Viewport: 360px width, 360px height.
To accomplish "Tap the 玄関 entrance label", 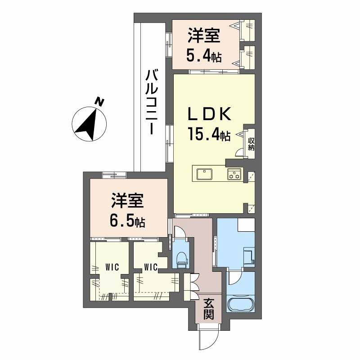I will (x=208, y=308).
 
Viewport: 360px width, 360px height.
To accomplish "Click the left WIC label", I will (x=112, y=267).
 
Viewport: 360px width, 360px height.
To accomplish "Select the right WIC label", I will (x=150, y=267).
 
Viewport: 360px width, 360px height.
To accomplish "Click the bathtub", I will (x=241, y=304).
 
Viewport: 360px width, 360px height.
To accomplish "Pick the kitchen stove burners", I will (x=234, y=174).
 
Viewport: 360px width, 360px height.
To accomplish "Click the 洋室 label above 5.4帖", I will (x=204, y=36).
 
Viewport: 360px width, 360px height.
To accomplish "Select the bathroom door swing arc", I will (x=235, y=278).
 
